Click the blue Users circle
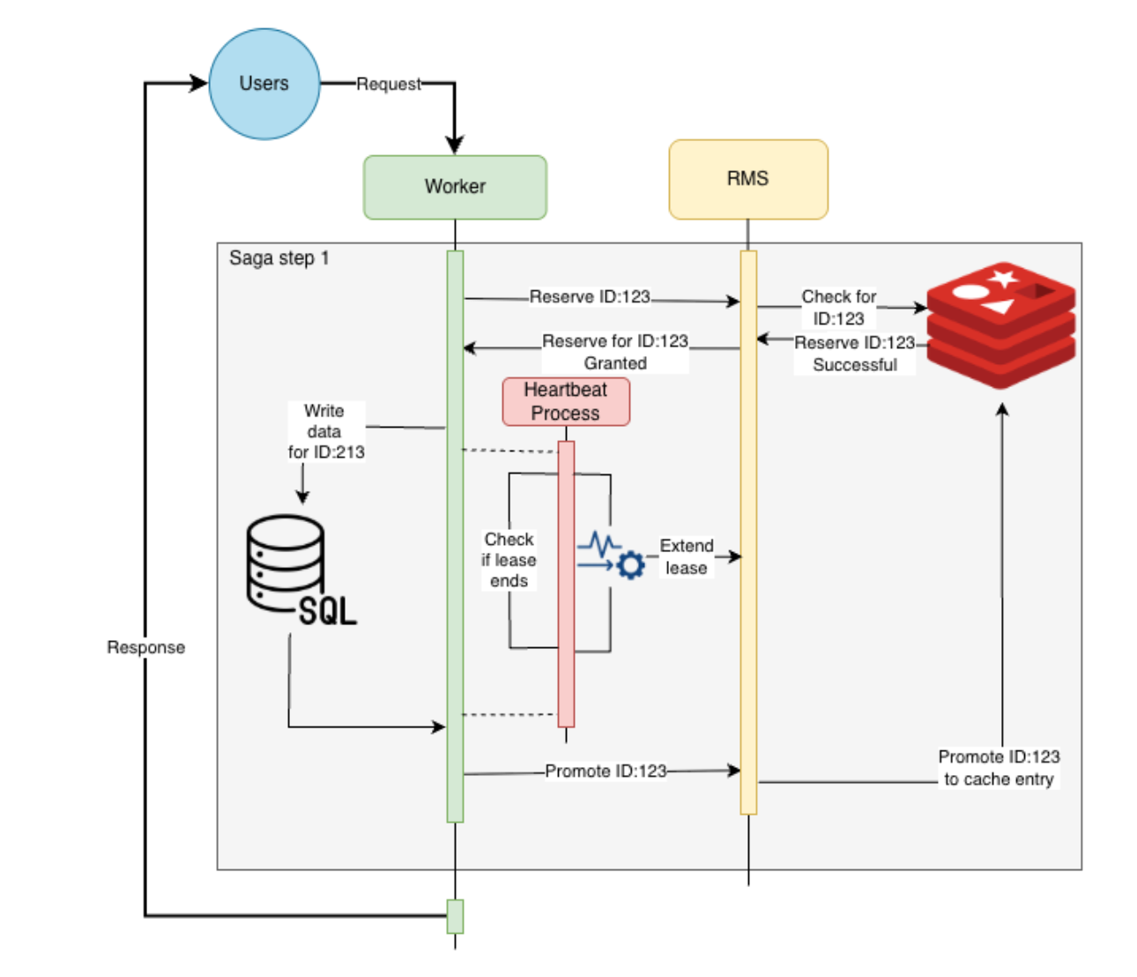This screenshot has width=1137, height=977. point(264,84)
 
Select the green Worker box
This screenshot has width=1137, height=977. point(455,187)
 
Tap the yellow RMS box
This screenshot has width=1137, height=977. point(747,179)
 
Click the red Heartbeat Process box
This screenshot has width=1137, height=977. point(566,402)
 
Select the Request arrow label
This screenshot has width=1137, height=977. point(389,85)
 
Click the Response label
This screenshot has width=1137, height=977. point(146,647)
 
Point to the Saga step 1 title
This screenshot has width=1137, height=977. point(279,258)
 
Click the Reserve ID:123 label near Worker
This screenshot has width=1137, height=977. point(590,297)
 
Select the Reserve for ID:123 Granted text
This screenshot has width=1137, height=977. point(615,352)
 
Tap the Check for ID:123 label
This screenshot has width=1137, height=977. point(839,308)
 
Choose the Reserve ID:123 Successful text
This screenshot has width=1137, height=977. point(855,354)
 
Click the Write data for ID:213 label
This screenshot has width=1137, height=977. point(325,431)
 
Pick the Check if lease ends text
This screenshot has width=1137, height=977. point(509,560)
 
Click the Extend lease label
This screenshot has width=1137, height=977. point(687,557)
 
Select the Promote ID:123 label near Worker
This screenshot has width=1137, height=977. point(606,772)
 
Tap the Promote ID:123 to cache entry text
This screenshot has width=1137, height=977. point(999,768)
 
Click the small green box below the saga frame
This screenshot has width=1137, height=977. point(455,916)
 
